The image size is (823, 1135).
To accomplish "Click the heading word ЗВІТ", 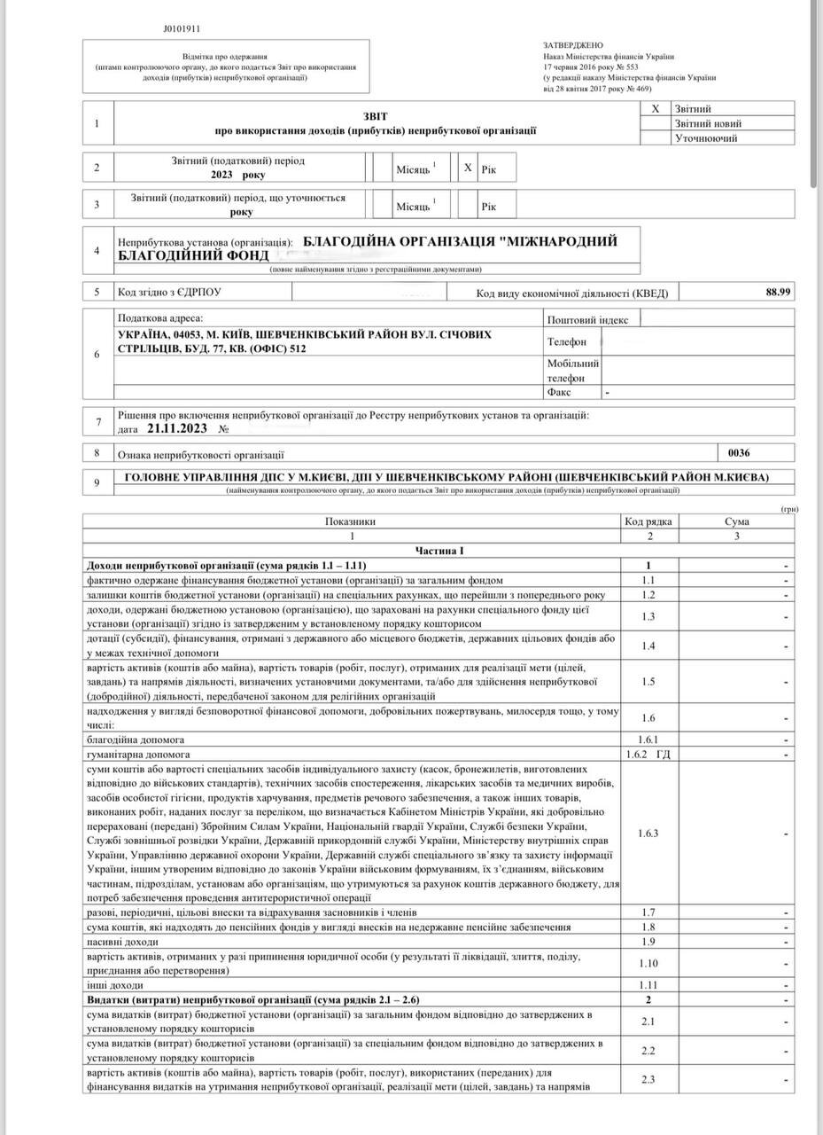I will coord(375,116).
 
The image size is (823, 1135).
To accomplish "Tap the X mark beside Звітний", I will coord(656,108).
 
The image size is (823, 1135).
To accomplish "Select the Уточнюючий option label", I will coord(707,139).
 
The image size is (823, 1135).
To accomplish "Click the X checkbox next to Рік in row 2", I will coord(468,168).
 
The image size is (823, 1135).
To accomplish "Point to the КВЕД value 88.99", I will coord(778,292).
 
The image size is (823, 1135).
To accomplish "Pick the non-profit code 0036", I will coord(738,453).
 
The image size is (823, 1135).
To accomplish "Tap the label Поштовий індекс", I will coord(587,320).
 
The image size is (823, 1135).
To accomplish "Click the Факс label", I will coord(560,391).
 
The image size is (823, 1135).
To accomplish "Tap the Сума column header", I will coord(736,521).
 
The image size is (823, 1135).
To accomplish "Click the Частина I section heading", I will coord(439,551).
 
